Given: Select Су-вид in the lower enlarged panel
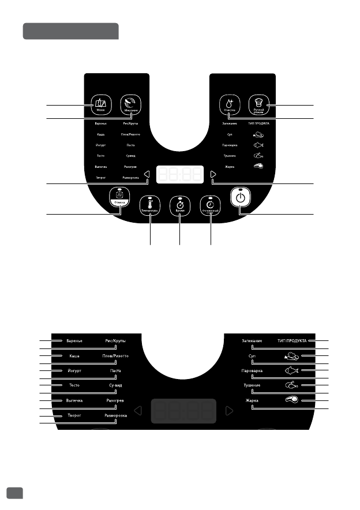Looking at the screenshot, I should [x=115, y=385].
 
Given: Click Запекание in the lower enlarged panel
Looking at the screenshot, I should [x=252, y=341].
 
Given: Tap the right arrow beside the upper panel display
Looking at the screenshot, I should [x=213, y=175].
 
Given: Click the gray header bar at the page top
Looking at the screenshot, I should [x=70, y=31].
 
